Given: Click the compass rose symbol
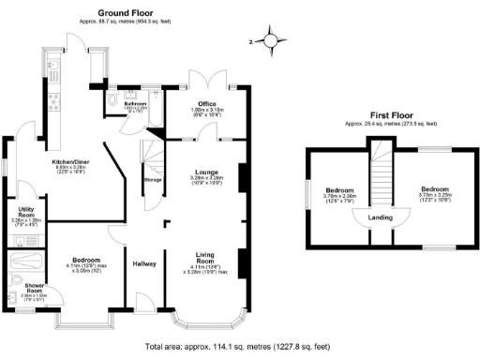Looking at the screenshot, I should (271, 40).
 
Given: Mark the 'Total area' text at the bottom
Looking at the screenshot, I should (240, 346).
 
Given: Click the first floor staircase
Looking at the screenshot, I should (380, 174).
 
